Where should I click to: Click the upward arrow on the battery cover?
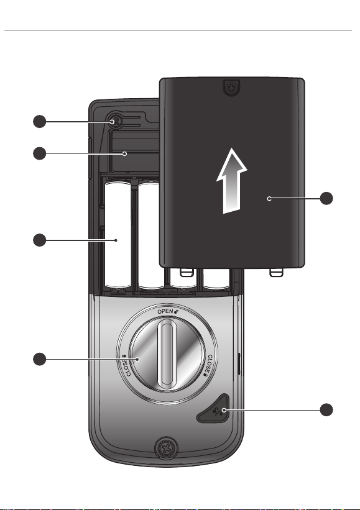pyautogui.click(x=232, y=181)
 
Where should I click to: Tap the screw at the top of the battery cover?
pyautogui.click(x=231, y=88)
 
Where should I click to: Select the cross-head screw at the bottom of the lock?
pyautogui.click(x=167, y=449)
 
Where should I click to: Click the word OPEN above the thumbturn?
pyautogui.click(x=165, y=312)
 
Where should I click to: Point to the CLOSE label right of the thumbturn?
pyautogui.click(x=207, y=365)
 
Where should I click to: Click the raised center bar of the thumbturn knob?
pyautogui.click(x=166, y=354)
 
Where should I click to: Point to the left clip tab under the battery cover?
pyautogui.click(x=187, y=272)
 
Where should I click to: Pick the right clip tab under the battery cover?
pyautogui.click(x=275, y=272)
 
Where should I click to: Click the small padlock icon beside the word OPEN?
pyautogui.click(x=177, y=311)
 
